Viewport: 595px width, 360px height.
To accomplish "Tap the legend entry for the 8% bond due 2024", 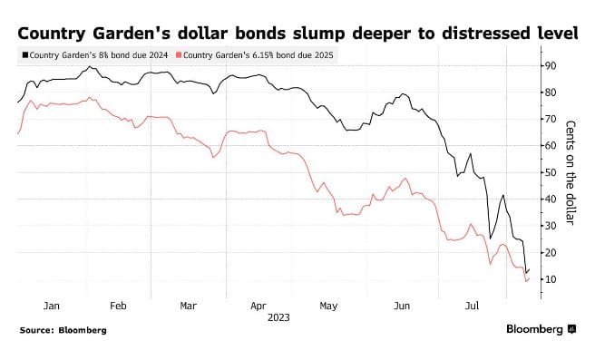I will pos(94,55).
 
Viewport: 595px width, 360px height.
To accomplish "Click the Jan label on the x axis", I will pos(52,306).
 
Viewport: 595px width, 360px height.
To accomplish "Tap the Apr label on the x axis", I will pos(258,306).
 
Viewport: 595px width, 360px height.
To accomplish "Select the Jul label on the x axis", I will pos(470,306).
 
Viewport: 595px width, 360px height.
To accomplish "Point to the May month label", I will pos(329,306).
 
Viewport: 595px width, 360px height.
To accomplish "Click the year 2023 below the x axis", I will pos(278,318).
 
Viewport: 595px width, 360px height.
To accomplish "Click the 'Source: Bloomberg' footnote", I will pos(63,330).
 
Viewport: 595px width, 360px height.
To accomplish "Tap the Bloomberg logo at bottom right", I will pos(541,330).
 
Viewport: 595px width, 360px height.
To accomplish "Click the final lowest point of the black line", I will pos(526,273).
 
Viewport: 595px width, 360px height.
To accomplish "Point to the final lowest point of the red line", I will pos(526,281).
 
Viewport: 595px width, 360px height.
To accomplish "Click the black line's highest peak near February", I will pos(88,67).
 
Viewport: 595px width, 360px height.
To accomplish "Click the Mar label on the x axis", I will pos(189,306).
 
